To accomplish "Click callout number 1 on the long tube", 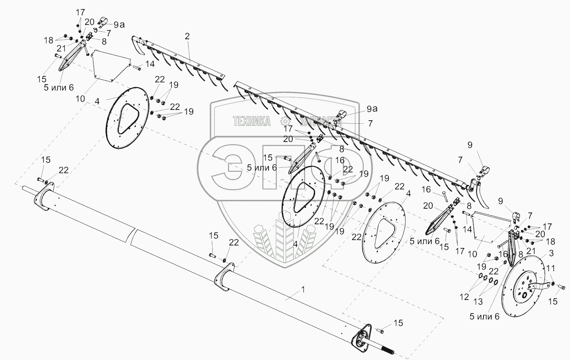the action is tap(303, 289).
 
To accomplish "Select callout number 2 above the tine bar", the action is tap(187, 36).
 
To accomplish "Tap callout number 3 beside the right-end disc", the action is tap(551, 253).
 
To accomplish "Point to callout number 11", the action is tap(551, 268).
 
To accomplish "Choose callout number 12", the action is tap(464, 297).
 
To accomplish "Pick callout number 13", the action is tap(478, 302).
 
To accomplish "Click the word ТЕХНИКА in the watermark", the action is tap(252, 121).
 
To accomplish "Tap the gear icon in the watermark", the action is tap(285, 121).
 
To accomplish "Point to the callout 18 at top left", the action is tap(49, 40).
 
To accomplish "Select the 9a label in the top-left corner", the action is tap(119, 25).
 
